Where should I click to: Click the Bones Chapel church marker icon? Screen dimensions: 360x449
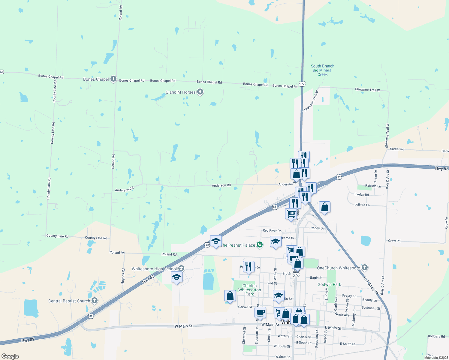pos(113,79)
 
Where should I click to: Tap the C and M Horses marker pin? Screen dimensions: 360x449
pos(200,92)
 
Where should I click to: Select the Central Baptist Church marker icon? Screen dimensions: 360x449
pos(95,300)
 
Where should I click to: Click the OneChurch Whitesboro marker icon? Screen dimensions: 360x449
pos(365,267)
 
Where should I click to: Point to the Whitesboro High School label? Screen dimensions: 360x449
pos(154,269)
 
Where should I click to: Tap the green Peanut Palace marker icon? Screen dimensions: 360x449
pos(260,245)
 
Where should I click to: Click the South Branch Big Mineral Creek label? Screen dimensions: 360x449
pos(323,70)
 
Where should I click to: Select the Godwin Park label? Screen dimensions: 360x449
pos(329,284)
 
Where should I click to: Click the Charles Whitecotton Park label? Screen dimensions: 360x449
pos(250,290)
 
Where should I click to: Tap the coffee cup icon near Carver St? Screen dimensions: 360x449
pos(260,312)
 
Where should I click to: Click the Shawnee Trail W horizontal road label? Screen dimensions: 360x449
pos(367,90)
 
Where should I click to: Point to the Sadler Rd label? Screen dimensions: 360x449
pos(397,149)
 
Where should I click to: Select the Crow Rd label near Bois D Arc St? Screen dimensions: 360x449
pos(394,241)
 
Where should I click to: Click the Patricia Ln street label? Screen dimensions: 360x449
pos(373,186)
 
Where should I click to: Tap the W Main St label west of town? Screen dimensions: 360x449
pos(183,326)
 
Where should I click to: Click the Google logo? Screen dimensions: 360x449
pos(10,356)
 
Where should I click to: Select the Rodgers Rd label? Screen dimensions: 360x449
pos(436,336)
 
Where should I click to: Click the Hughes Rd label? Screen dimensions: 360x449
pos(123,276)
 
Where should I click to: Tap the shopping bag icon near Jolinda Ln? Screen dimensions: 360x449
pos(324,207)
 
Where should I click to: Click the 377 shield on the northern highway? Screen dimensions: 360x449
pos(302,84)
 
